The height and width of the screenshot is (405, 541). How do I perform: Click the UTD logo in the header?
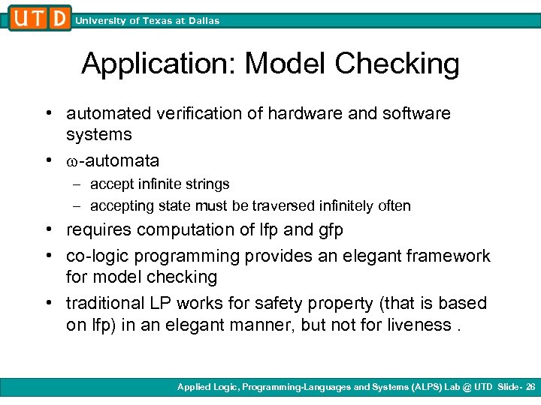pyautogui.click(x=40, y=18)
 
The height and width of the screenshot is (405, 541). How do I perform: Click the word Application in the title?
pyautogui.click(x=158, y=64)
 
